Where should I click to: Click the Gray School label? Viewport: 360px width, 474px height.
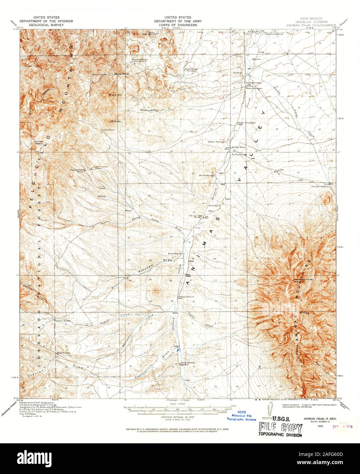(x=186, y=297)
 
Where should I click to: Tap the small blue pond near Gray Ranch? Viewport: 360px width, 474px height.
(x=179, y=350)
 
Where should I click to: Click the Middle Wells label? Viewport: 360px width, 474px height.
(x=238, y=147)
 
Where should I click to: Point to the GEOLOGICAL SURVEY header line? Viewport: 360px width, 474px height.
(x=39, y=25)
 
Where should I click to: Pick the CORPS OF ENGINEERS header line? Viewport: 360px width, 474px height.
(x=178, y=25)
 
